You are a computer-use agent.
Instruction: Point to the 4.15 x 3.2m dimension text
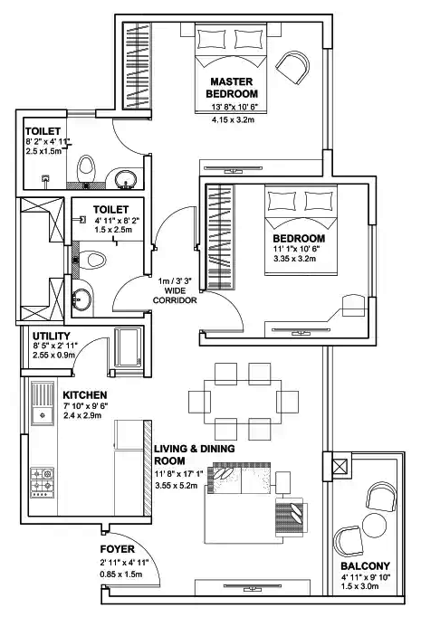click(233, 119)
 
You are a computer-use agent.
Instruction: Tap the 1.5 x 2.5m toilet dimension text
click(112, 231)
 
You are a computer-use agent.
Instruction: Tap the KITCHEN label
click(85, 396)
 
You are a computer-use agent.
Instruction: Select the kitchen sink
click(42, 415)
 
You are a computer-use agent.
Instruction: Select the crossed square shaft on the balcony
click(340, 469)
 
